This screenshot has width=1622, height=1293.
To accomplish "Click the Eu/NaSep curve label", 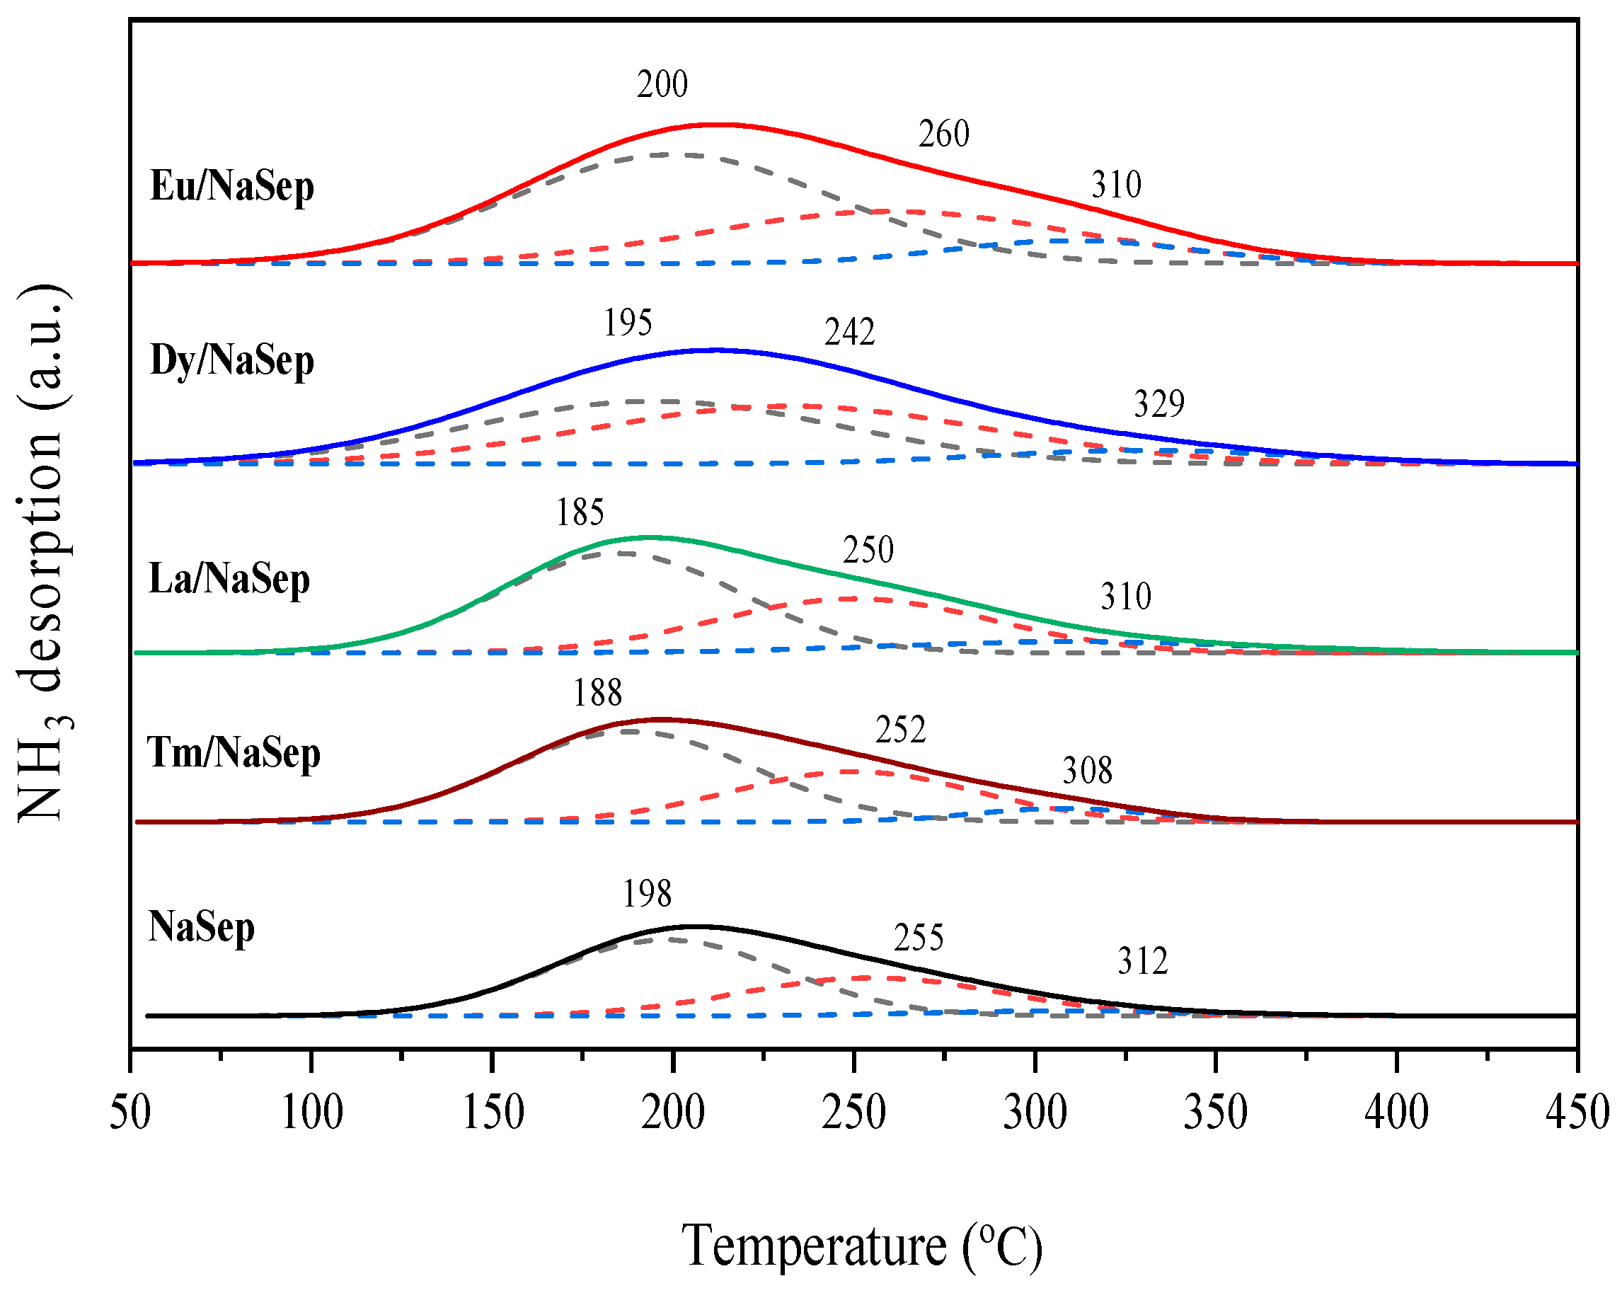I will (x=231, y=186).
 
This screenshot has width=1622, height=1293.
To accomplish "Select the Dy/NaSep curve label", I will (x=231, y=360).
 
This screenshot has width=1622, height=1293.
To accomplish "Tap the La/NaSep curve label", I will (x=229, y=579).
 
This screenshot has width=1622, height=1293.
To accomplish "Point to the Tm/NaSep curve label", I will (x=234, y=752).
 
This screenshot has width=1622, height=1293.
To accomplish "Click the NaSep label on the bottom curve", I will (x=201, y=926).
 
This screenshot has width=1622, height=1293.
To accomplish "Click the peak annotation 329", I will (x=1159, y=405).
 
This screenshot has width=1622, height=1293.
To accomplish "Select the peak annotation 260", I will (x=943, y=134).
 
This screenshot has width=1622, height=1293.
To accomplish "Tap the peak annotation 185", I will (x=580, y=513).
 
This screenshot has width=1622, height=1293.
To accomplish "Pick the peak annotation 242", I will (x=849, y=333).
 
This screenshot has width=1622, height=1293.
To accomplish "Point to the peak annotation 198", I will (x=647, y=895).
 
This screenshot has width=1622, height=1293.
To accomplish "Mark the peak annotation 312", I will (x=1142, y=961).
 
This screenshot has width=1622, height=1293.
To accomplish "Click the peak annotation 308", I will (x=1087, y=771).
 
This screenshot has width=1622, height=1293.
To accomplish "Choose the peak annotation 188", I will (x=597, y=693).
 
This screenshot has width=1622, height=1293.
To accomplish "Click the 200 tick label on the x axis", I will (x=672, y=1113).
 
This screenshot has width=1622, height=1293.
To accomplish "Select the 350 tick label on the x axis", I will (x=1216, y=1113).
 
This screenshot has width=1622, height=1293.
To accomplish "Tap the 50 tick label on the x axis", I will (x=130, y=1113).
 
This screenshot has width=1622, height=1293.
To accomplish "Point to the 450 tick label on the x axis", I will (x=1577, y=1113).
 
